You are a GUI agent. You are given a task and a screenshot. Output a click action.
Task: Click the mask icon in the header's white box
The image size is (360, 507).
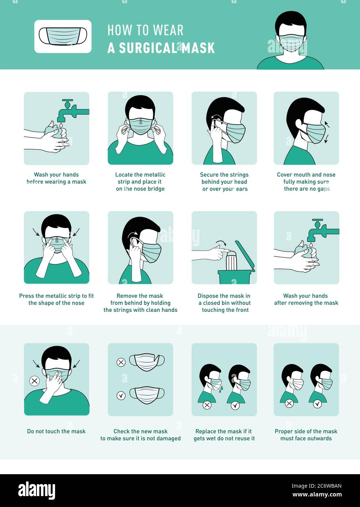63,36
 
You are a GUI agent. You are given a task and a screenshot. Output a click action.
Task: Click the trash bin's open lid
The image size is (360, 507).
245,256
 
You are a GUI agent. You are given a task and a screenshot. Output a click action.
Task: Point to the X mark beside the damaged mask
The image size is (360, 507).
121,362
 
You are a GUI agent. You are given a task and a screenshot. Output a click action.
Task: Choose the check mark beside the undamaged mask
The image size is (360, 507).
121,395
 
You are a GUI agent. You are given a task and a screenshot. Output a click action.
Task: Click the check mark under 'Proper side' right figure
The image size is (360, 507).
317,404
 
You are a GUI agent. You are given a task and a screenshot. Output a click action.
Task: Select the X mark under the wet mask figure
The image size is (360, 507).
207,405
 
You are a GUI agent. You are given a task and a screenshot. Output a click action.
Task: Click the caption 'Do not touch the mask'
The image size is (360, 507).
56,431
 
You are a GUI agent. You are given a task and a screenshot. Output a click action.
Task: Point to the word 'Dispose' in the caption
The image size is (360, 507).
208,296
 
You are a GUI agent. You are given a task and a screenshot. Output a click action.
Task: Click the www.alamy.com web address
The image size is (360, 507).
317,495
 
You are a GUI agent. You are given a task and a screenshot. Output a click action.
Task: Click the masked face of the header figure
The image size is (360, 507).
291,39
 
